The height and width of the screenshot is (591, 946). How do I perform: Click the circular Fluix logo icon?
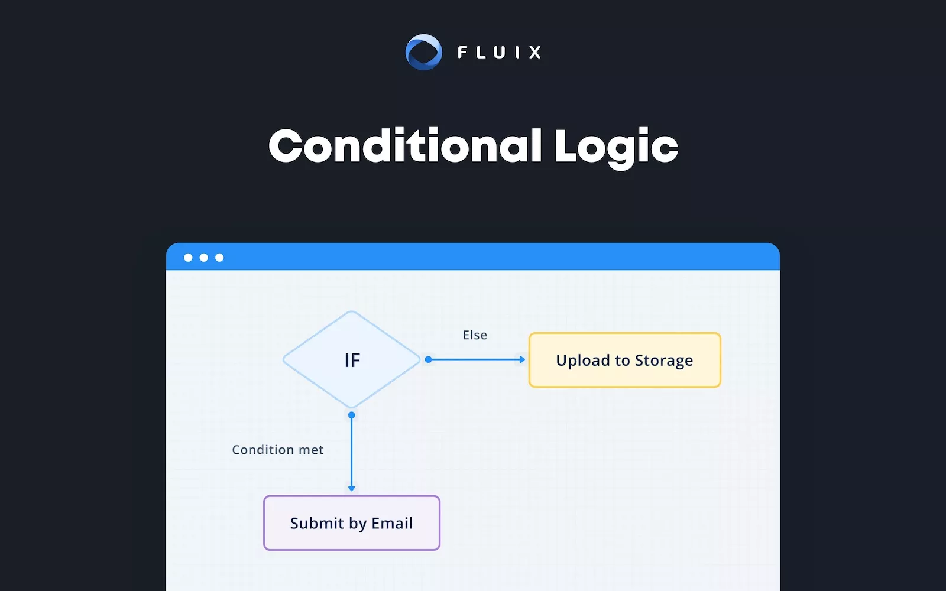pos(423,52)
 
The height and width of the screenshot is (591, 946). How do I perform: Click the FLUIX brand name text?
pos(500,53)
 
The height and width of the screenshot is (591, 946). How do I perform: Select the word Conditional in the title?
pos(405,147)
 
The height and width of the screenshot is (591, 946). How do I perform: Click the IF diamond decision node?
pos(352,359)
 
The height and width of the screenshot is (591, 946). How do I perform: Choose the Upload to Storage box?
pos(624,360)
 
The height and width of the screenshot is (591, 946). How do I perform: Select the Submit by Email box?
pos(352,523)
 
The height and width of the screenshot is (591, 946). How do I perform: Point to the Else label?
pos(475,335)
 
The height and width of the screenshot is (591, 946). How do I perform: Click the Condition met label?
pos(278,450)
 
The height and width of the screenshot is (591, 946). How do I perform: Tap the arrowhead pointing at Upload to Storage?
pos(522,359)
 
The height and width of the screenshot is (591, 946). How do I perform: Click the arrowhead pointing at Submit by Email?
pos(352,488)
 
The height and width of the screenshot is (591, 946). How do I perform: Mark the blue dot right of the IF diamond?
pos(428,359)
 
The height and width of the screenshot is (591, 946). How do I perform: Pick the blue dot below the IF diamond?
pos(352,415)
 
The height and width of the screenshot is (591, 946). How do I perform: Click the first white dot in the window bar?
pos(188,258)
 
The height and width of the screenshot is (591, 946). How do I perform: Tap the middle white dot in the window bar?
pos(204,258)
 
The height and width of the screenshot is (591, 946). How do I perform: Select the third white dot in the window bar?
pos(219,258)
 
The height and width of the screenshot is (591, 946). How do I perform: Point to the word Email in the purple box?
pos(392,523)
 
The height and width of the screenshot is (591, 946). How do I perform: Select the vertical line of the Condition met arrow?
pos(352,452)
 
